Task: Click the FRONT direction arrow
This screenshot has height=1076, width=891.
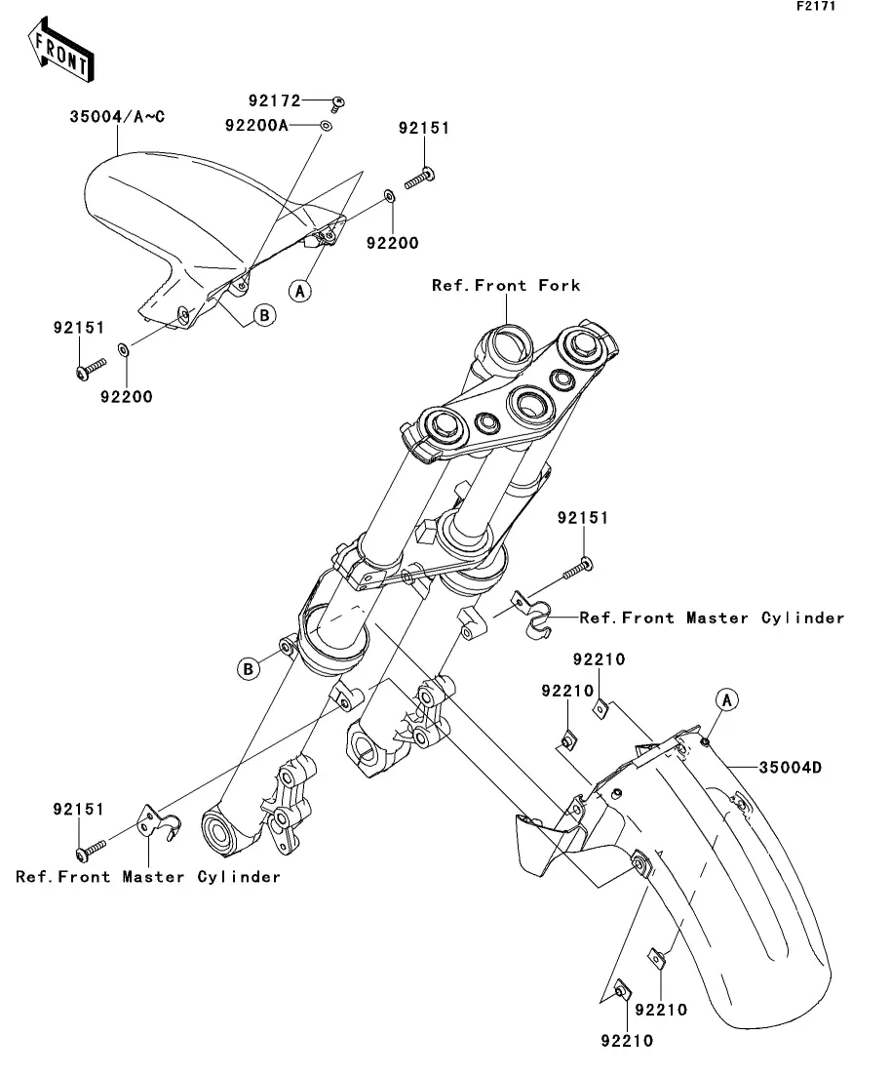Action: (x=60, y=50)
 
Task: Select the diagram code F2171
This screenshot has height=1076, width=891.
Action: (x=816, y=6)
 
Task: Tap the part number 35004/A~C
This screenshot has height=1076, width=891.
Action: (x=117, y=117)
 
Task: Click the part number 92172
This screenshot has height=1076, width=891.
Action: (x=274, y=100)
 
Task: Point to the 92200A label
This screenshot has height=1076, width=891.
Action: (x=256, y=126)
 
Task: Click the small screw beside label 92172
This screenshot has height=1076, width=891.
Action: (x=336, y=104)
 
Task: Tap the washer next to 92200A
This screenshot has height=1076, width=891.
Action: (x=327, y=126)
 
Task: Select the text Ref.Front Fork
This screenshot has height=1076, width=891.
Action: (x=506, y=286)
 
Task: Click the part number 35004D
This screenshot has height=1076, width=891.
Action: (x=791, y=767)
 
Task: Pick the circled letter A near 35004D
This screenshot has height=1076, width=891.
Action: (x=727, y=700)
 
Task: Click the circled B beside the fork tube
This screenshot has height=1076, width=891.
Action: (x=249, y=668)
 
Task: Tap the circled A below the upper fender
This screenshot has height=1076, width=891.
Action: (x=299, y=291)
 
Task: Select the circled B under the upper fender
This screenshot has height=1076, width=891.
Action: (x=265, y=315)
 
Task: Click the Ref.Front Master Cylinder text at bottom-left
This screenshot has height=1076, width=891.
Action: (x=148, y=877)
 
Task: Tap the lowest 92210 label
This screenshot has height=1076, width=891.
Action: (x=627, y=1041)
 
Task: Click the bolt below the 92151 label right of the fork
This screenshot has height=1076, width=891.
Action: (x=577, y=569)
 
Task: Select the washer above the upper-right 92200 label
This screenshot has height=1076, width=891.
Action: (x=389, y=197)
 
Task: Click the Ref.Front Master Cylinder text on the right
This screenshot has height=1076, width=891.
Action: (x=712, y=618)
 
